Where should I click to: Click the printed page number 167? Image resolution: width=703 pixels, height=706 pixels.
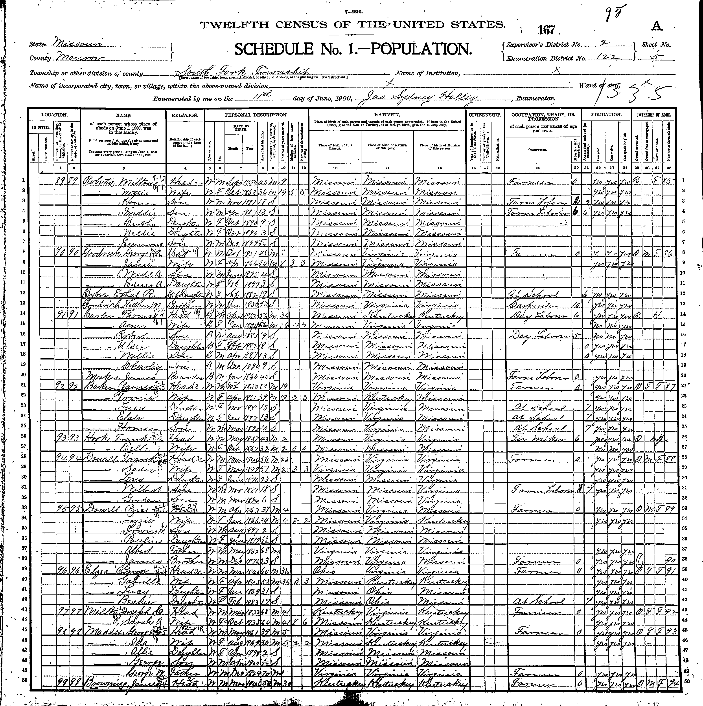547,30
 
